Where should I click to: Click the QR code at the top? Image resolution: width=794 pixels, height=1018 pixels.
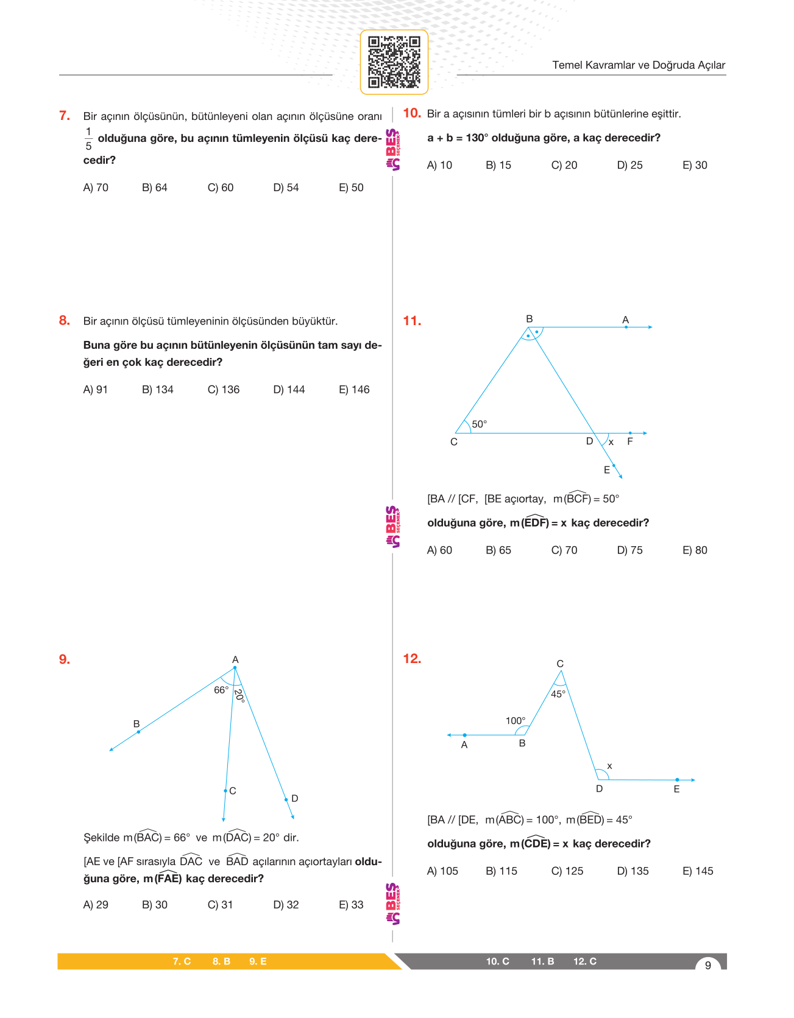[394, 62]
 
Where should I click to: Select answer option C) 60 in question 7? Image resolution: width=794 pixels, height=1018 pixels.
[221, 188]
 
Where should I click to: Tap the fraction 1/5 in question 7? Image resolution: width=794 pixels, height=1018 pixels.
[88, 139]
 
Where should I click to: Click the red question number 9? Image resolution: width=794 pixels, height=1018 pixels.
[65, 659]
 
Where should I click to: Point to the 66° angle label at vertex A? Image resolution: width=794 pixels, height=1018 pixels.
[221, 690]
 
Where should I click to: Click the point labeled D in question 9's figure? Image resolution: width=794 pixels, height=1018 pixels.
[286, 799]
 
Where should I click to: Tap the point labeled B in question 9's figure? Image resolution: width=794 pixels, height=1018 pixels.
[138, 731]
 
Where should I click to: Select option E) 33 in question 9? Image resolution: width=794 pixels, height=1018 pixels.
[351, 905]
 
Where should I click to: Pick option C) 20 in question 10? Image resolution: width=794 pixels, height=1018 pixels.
[564, 165]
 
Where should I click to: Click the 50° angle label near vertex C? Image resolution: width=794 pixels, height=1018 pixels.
[480, 424]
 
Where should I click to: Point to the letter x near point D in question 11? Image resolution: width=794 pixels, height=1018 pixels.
[611, 443]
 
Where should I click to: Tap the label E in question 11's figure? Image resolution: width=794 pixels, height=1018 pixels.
[607, 470]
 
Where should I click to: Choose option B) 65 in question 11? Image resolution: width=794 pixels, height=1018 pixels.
[498, 550]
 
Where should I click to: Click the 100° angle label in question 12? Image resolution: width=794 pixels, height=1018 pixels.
[516, 721]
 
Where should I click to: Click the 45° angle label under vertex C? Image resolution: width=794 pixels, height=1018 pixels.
[558, 694]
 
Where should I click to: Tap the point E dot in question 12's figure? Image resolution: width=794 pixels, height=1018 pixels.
[677, 780]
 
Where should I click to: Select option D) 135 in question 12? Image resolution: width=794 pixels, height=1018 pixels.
[633, 871]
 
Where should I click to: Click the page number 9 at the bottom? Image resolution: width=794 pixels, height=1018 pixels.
[708, 965]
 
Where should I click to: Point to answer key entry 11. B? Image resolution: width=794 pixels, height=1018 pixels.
[542, 961]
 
